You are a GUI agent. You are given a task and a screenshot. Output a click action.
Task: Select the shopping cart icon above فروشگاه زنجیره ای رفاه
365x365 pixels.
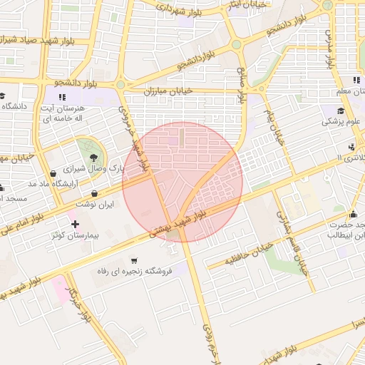point(134,261)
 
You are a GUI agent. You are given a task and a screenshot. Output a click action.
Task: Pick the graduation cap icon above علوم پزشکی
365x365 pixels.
point(341,110)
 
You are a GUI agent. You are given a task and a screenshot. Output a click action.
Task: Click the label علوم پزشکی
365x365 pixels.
point(341,122)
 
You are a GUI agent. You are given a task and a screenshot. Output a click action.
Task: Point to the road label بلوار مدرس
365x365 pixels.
point(329,46)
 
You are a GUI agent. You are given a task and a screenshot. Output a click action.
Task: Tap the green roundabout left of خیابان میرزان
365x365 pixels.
point(120,85)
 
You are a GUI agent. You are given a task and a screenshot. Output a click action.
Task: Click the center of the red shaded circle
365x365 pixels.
point(182,182)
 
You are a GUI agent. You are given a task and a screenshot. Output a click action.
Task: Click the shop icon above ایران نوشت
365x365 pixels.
point(95,193)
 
